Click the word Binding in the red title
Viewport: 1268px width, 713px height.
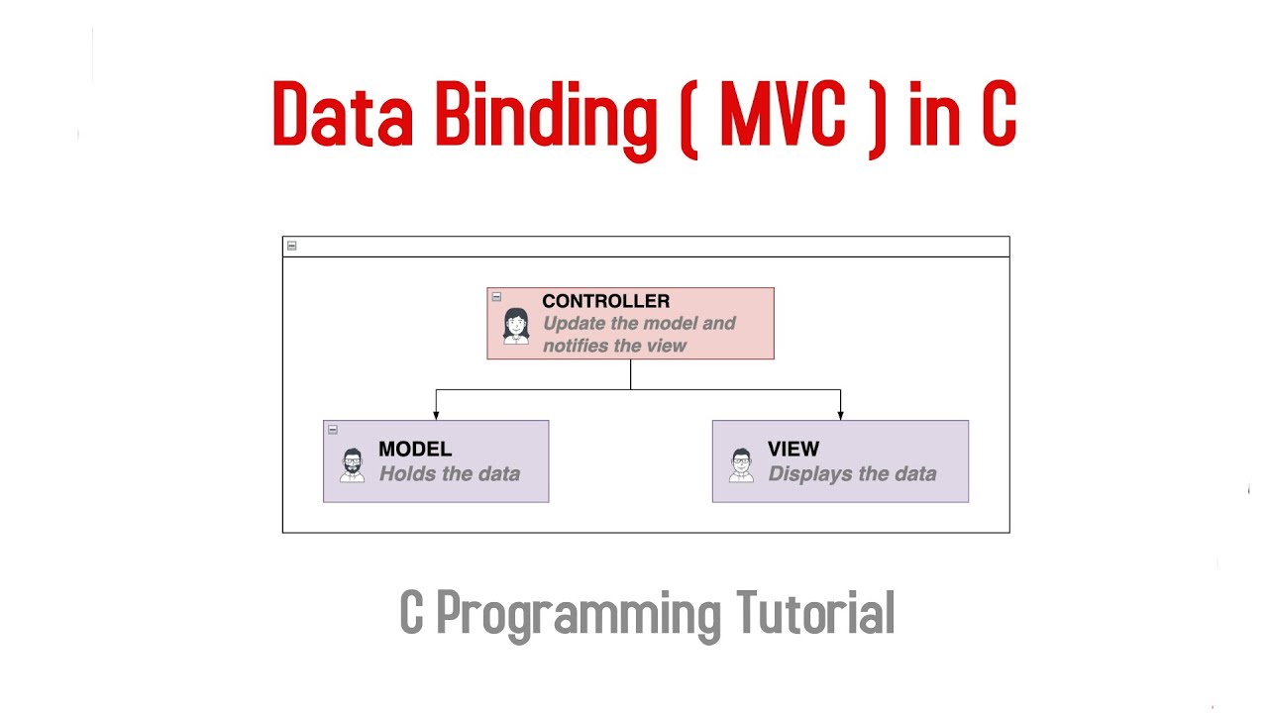(x=546, y=116)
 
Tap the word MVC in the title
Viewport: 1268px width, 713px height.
(x=783, y=116)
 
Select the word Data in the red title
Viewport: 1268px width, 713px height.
(x=342, y=116)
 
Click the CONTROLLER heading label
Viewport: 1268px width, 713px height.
(x=605, y=301)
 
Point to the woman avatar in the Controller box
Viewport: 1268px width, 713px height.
(x=516, y=325)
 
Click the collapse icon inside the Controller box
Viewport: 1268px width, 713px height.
(x=496, y=296)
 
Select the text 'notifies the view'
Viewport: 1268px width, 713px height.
(x=614, y=346)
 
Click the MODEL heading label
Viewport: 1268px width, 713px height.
(x=415, y=450)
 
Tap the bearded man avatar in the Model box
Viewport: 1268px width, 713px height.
(x=352, y=463)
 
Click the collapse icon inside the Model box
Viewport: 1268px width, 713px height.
(x=333, y=429)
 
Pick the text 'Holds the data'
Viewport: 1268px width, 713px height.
(x=450, y=474)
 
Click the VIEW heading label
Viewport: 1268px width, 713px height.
(x=793, y=450)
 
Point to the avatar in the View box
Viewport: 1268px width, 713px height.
(x=741, y=463)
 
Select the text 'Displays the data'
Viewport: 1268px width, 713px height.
(x=852, y=474)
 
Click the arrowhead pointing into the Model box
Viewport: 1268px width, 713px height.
(x=436, y=415)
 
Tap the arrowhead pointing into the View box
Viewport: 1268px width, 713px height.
(x=840, y=415)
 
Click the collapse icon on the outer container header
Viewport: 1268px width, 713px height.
(x=291, y=246)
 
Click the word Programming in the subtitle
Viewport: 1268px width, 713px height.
(x=579, y=615)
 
